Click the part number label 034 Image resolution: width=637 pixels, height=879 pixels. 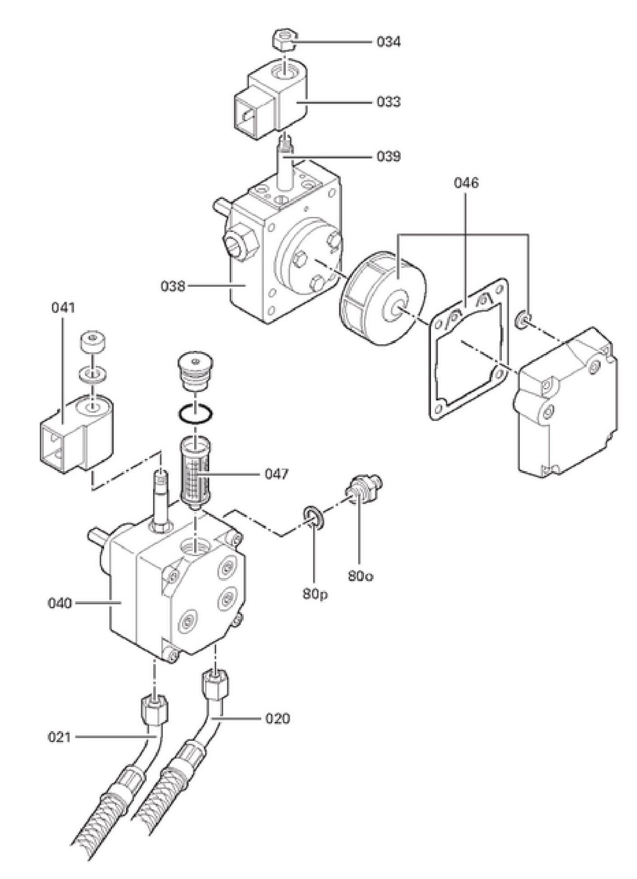coord(389,42)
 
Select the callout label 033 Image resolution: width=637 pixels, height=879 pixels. coord(389,102)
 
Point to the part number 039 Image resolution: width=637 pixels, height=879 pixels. coord(389,157)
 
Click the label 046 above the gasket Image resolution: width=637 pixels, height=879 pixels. coord(466,183)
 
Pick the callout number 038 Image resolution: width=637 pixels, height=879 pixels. coord(173,286)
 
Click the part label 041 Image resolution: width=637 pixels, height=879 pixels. coord(63,308)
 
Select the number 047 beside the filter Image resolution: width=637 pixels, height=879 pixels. coord(276,474)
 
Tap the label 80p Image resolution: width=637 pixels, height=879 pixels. coord(315,594)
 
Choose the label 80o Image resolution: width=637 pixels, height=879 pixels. coord(360,576)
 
